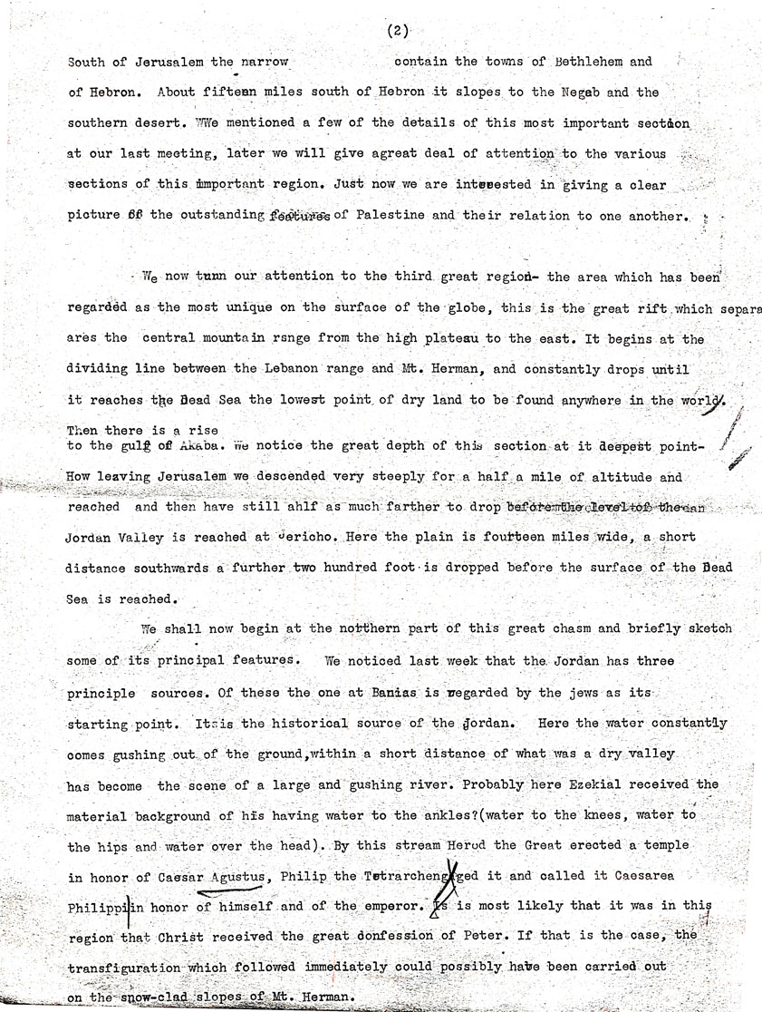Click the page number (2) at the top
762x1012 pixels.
click(397, 31)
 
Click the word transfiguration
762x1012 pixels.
click(125, 968)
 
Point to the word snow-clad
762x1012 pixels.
click(150, 998)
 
